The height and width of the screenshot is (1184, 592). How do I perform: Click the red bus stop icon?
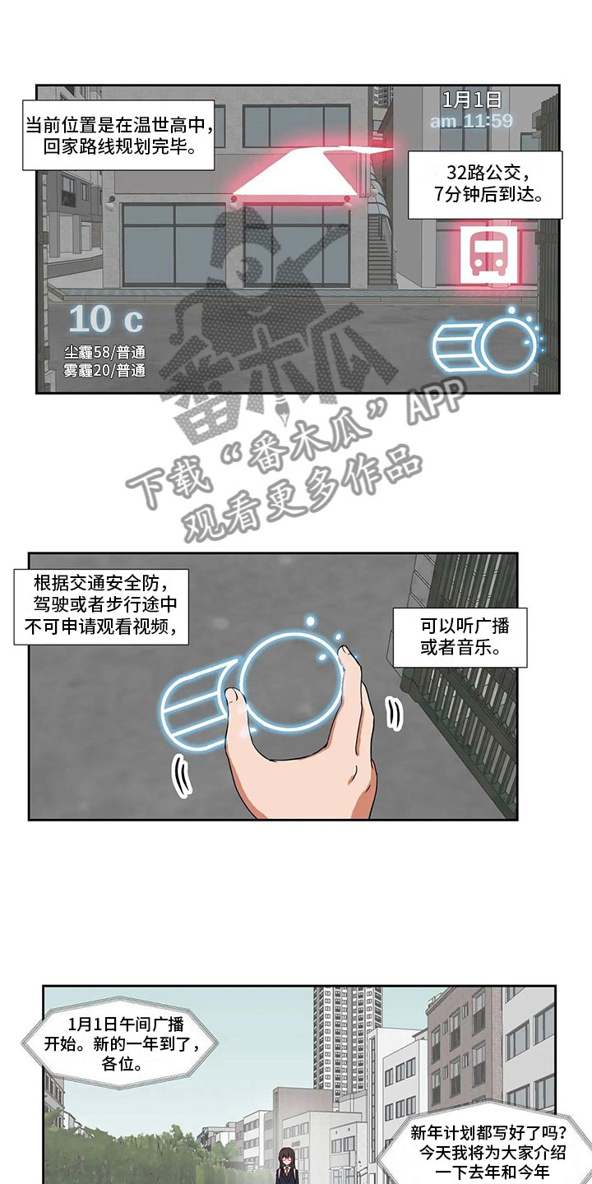[x=488, y=257]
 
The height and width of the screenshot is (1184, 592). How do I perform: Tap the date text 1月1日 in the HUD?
[x=471, y=99]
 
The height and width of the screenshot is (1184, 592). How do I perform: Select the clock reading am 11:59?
[x=471, y=121]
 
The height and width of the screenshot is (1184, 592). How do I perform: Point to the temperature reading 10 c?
[x=106, y=319]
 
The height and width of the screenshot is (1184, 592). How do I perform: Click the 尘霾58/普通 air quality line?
[x=104, y=353]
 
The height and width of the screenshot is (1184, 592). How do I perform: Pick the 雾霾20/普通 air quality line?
[x=104, y=371]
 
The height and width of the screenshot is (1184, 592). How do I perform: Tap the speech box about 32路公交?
[x=485, y=184]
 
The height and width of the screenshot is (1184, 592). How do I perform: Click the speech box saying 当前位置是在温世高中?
[x=118, y=135]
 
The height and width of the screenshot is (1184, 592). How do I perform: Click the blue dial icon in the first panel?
[x=485, y=343]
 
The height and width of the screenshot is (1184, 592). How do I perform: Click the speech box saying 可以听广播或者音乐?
[x=460, y=637]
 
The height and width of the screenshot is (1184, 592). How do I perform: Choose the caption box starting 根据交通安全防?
[x=101, y=607]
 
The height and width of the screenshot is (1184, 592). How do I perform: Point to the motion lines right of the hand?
[x=394, y=714]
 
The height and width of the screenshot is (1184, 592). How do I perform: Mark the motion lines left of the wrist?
[x=181, y=776]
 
